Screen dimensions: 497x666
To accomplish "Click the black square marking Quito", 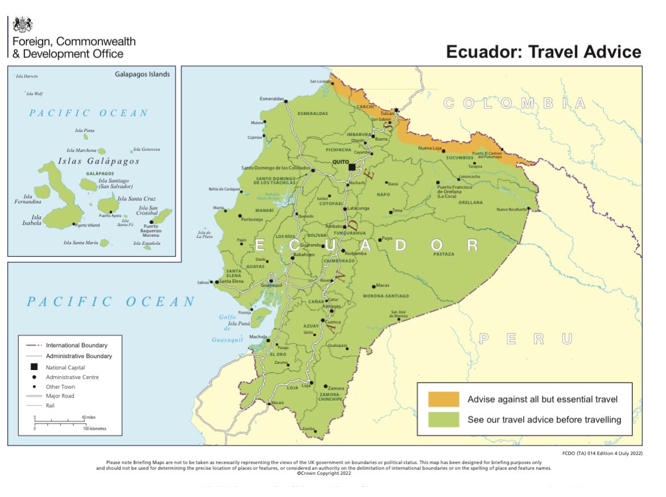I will (352, 167).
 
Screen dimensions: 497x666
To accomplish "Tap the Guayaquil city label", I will (272, 284).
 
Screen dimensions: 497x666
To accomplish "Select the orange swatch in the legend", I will (443, 399).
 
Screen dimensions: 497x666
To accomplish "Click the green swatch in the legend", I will (443, 420).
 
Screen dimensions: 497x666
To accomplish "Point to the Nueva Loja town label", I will (430, 148).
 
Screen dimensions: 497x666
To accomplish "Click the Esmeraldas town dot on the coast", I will (286, 101).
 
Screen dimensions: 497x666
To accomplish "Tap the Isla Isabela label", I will (36, 220).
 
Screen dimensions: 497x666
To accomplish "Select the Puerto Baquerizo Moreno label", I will (151, 231).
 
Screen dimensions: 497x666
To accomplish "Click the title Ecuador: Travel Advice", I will (543, 52).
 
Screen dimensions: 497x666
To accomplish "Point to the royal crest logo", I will (23, 24).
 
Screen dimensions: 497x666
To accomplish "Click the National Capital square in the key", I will (34, 367).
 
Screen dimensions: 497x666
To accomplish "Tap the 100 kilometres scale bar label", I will (94, 428).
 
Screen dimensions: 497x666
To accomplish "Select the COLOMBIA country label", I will (514, 103).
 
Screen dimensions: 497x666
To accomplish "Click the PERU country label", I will (525, 339).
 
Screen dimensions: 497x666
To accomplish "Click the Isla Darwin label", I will (27, 76).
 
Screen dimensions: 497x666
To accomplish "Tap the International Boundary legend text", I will (76, 345).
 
